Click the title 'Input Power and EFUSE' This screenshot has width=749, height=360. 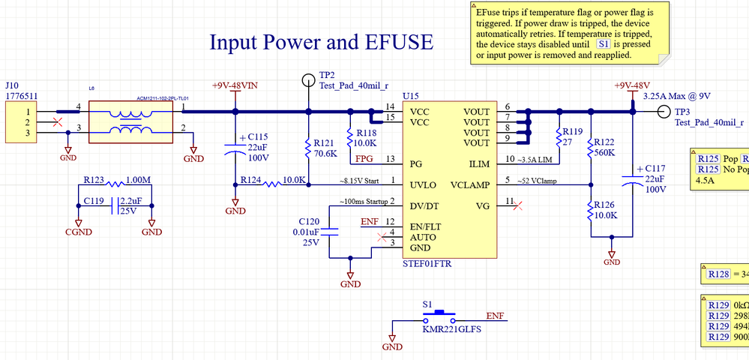tap(321, 42)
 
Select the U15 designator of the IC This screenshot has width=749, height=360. tap(411, 96)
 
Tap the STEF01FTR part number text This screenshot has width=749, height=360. tap(427, 264)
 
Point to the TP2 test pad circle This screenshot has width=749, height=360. tap(307, 79)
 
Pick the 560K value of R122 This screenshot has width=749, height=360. tap(606, 152)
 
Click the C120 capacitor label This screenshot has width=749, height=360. tap(310, 222)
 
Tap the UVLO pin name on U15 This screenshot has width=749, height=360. tap(424, 184)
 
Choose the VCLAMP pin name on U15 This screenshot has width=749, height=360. tap(471, 184)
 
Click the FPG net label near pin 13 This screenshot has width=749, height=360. tap(364, 159)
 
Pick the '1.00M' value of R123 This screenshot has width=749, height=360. tap(138, 181)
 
